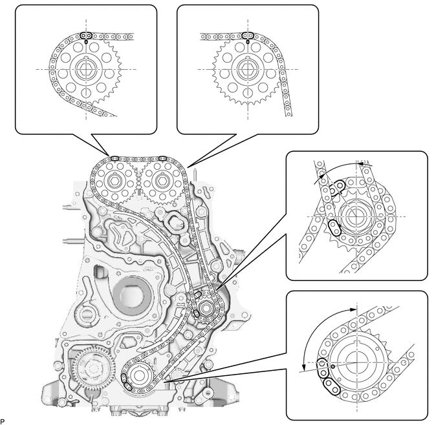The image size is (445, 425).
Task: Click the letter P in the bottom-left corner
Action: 3,420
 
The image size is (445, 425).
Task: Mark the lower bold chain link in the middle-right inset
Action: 335,227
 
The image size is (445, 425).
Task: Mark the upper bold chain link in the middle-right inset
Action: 336,189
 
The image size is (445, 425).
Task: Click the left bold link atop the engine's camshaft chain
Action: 114,159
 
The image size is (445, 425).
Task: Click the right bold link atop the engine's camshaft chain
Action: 161,158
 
